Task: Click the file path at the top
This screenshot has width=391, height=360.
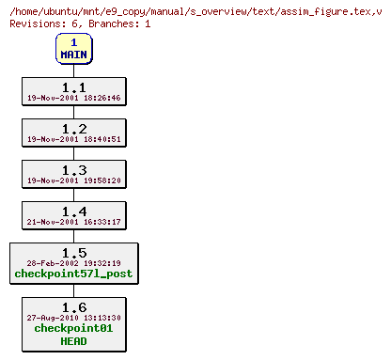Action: (195, 8)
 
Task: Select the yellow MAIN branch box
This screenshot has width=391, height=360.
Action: (73, 48)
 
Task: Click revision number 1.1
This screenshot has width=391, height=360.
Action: (73, 87)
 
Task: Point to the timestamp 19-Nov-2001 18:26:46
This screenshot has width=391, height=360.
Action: (73, 98)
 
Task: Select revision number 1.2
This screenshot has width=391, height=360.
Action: (73, 129)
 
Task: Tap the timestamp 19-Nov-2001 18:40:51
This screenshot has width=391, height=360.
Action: (73, 139)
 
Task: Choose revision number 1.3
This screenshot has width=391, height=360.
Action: (73, 170)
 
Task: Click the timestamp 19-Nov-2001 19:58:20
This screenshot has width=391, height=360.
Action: (73, 180)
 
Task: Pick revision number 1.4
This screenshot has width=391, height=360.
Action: (73, 211)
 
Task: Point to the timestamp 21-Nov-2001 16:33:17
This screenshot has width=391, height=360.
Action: (73, 222)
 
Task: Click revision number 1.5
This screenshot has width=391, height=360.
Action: (73, 253)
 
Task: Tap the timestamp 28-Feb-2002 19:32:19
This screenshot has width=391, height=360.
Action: (73, 263)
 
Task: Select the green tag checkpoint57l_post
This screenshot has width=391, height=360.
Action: (73, 274)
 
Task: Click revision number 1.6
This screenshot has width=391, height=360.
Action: (73, 307)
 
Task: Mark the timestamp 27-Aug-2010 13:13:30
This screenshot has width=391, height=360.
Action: (73, 318)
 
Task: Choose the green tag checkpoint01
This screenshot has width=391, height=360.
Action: (73, 329)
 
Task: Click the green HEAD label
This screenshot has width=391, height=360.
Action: (73, 341)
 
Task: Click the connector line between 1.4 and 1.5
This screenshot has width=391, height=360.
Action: (73, 237)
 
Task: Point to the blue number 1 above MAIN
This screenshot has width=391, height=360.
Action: (73, 42)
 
